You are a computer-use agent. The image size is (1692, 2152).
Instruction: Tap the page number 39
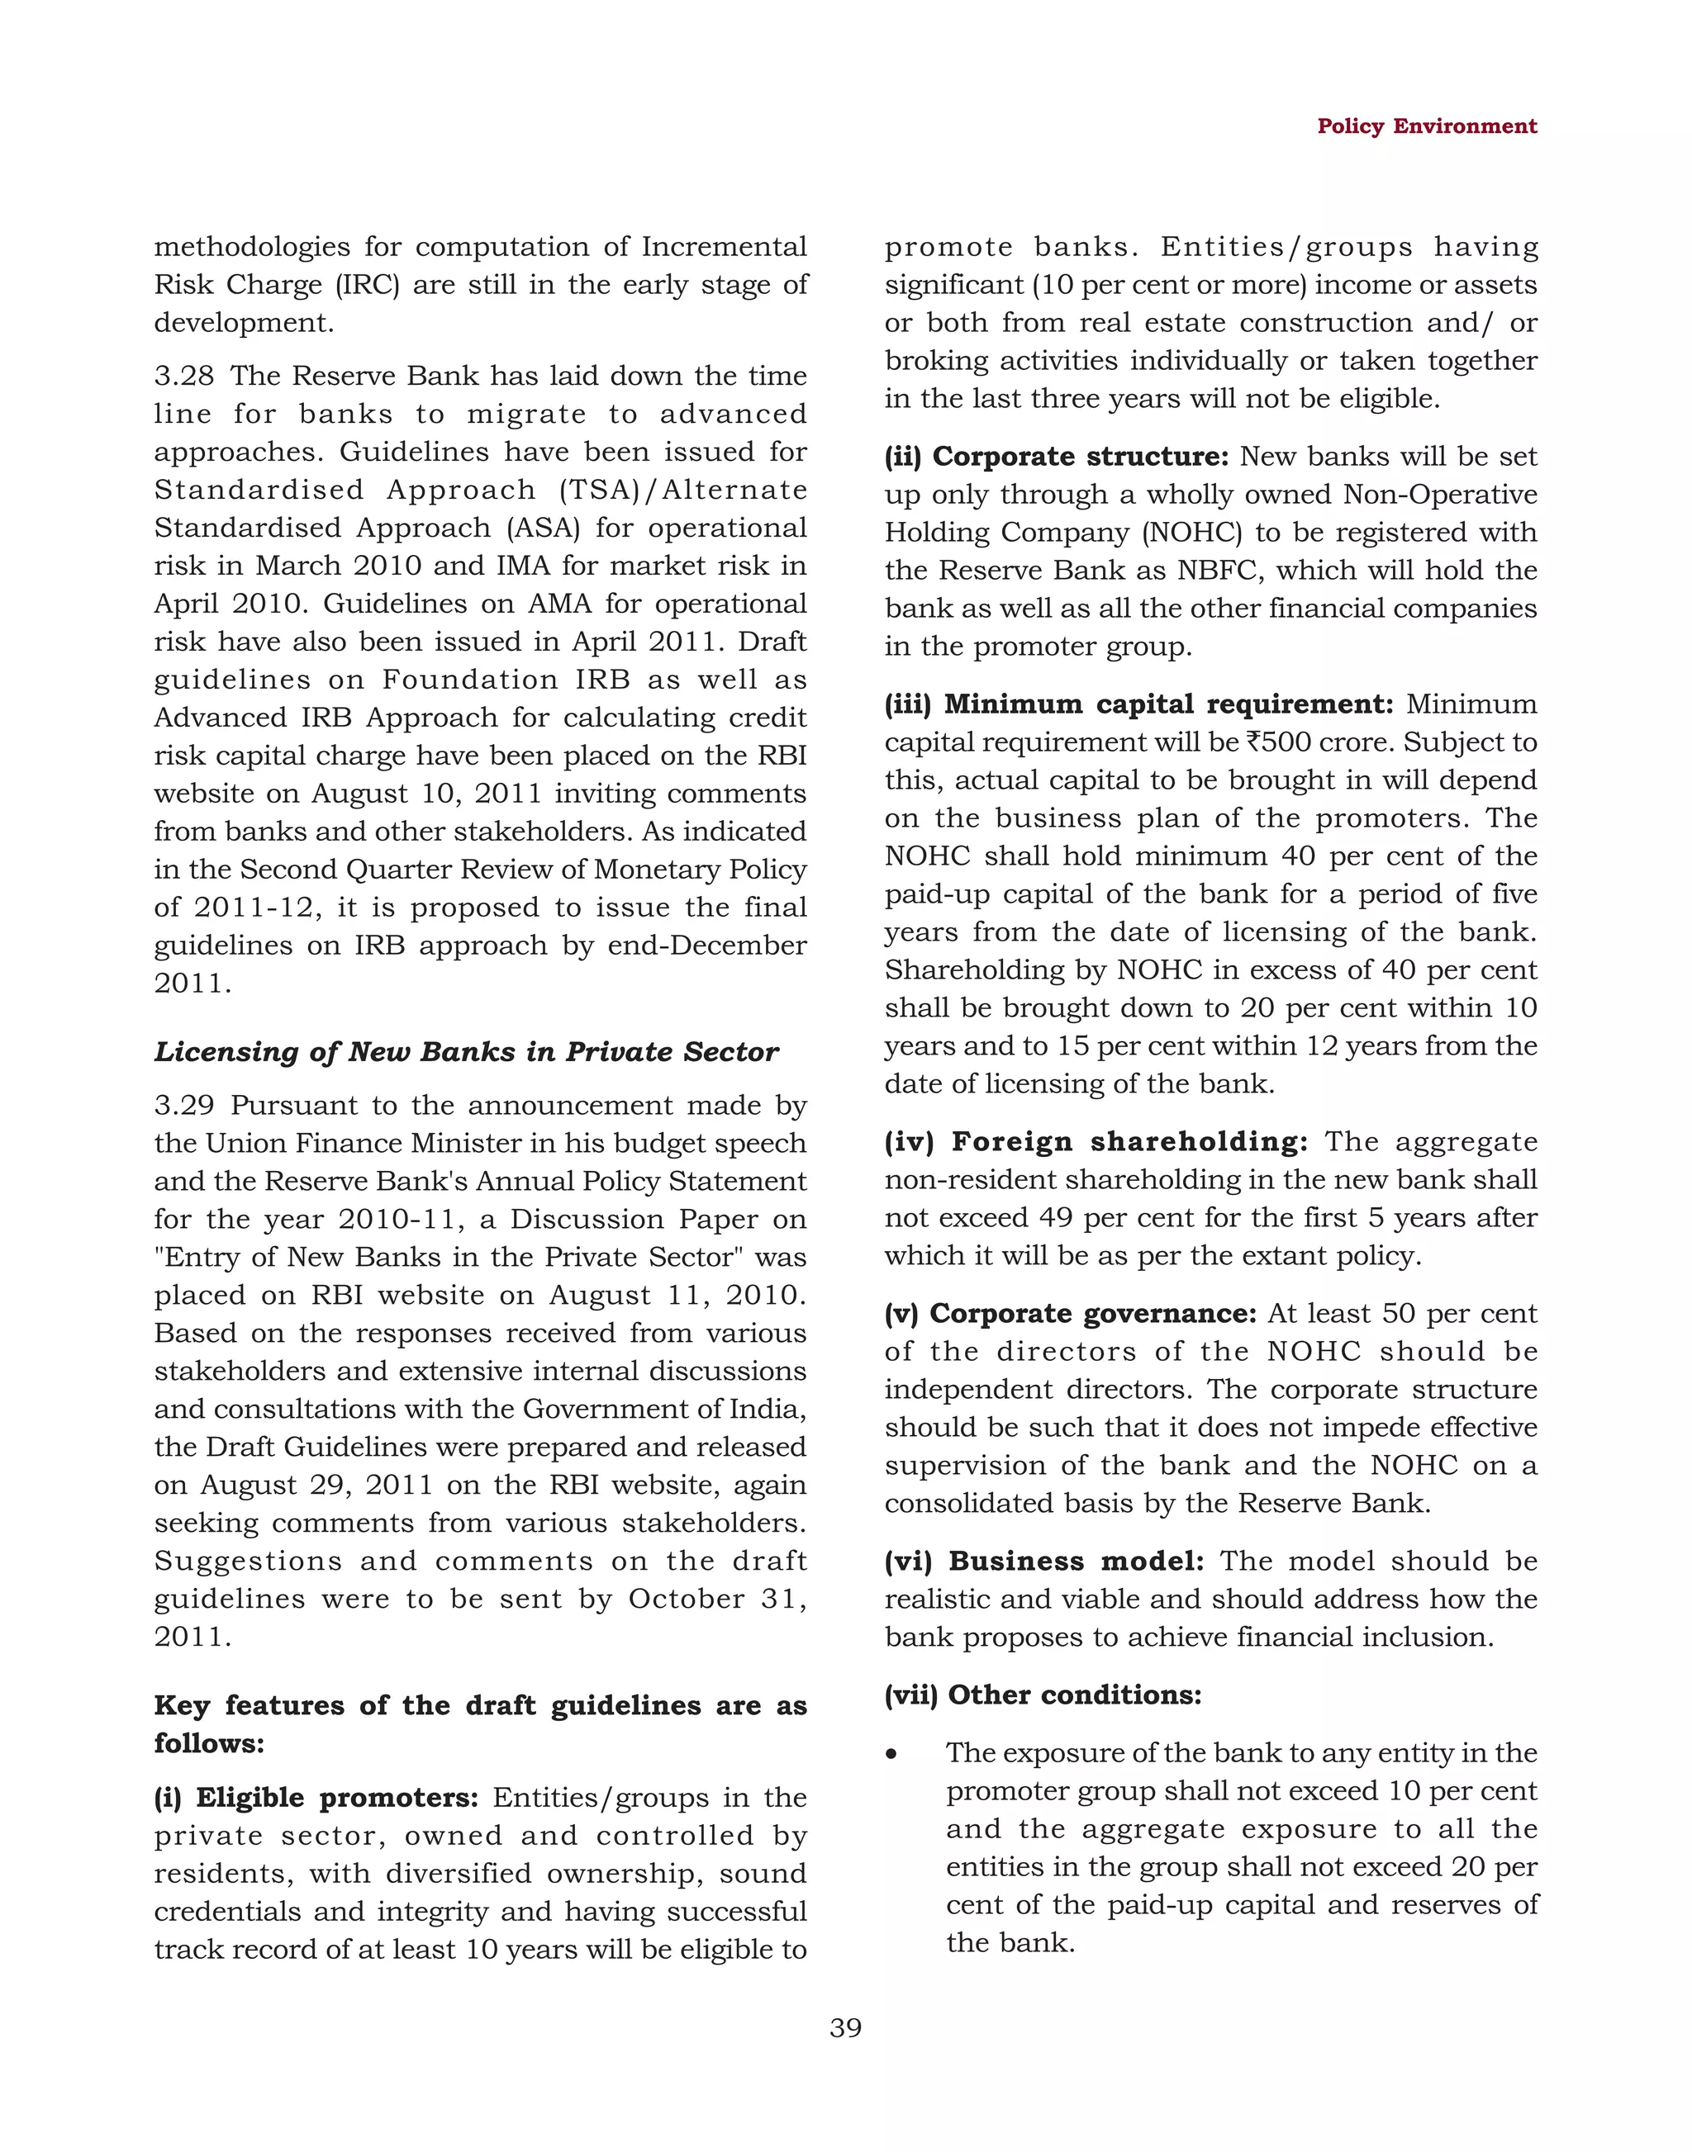point(845,2028)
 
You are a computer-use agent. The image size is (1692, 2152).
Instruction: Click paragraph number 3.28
point(183,377)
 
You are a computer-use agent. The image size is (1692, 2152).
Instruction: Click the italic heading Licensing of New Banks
point(466,1052)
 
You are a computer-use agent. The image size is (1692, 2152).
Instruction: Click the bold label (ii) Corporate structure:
point(1056,457)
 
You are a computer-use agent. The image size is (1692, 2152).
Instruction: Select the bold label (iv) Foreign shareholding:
point(1096,1142)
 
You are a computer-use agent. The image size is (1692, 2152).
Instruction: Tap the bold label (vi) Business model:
point(1044,1561)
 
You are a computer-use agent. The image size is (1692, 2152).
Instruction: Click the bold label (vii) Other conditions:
point(1042,1695)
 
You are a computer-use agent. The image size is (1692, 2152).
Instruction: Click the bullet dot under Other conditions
point(892,1754)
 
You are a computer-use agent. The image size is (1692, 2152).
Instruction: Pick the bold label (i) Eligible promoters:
point(316,1798)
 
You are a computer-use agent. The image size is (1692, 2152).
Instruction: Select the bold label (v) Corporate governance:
point(1070,1313)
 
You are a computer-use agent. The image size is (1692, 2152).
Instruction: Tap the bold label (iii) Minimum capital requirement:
point(1138,704)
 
